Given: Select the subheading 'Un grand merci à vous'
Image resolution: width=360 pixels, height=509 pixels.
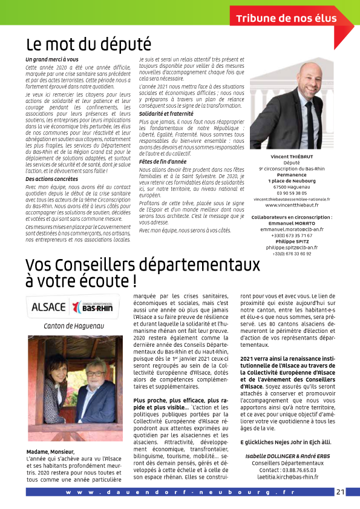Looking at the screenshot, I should [x=52, y=59].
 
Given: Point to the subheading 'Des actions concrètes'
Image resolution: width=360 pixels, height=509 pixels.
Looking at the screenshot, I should [x=51, y=179].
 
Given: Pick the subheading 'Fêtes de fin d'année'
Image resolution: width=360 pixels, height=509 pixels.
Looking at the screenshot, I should [x=163, y=161].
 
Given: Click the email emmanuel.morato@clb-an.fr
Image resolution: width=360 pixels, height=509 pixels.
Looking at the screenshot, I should [x=292, y=230].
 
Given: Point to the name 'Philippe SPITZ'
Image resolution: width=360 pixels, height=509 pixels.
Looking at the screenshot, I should [x=292, y=241].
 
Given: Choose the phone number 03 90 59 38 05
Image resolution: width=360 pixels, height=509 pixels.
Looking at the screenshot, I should [x=292, y=192].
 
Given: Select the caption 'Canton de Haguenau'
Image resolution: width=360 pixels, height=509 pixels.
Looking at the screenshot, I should [x=67, y=326].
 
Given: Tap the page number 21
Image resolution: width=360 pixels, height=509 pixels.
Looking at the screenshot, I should [x=340, y=491].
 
